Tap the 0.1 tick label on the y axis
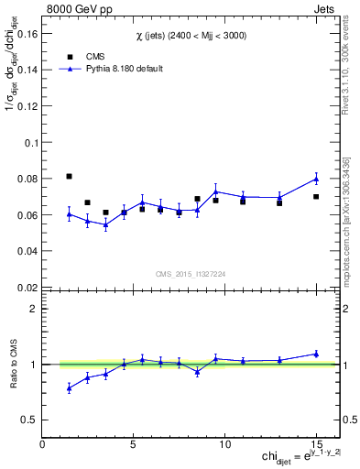[x=27, y=143]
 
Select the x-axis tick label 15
[x=315, y=445]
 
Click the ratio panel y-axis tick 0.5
[x=27, y=420]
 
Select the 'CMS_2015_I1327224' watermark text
[x=191, y=273]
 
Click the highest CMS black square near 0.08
[x=70, y=176]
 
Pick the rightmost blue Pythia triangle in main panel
[x=316, y=179]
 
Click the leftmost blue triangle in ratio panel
[x=70, y=388]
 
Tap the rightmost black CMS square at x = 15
[x=316, y=197]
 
